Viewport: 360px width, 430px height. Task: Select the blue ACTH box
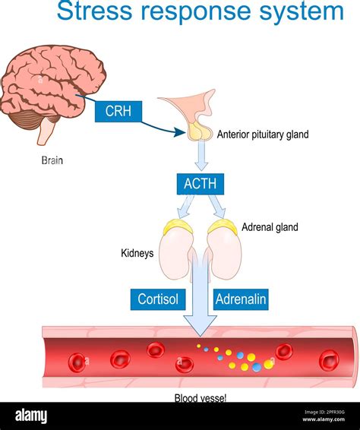coord(200,184)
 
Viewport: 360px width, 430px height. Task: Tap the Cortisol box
coord(158,299)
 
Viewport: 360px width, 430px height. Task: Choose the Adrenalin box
coord(241,299)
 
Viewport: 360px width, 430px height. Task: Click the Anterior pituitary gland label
coord(263,135)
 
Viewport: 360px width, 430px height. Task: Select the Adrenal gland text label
coord(270,226)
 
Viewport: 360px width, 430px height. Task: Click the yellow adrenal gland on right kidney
coord(223,226)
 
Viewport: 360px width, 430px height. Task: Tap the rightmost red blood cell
coord(328,360)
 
